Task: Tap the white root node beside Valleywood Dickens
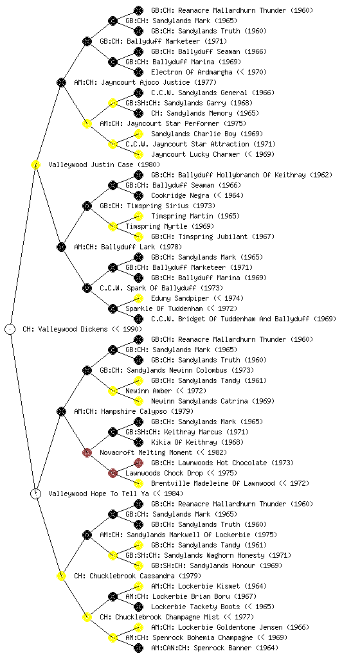tap(10, 329)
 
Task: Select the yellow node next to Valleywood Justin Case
tap(35, 164)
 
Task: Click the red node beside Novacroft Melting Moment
tap(87, 452)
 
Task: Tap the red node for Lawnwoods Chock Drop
tap(113, 473)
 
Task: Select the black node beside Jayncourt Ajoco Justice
tap(61, 82)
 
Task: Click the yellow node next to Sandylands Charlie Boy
tap(138, 134)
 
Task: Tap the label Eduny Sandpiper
tap(180, 298)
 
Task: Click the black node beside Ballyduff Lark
tap(61, 247)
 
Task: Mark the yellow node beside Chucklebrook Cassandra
tap(61, 576)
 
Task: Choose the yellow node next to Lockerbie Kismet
tap(138, 586)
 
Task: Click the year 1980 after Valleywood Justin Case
tap(149, 164)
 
